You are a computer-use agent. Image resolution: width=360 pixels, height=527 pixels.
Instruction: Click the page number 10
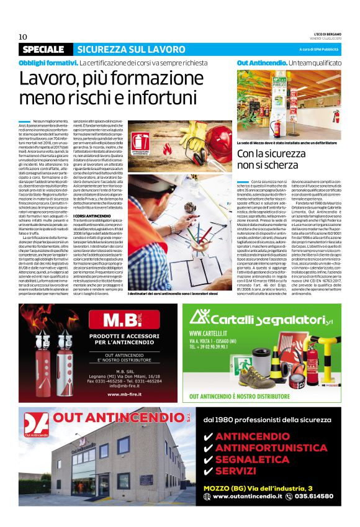[x=23, y=37]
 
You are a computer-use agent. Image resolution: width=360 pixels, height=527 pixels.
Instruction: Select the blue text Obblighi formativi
[x=48, y=63]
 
